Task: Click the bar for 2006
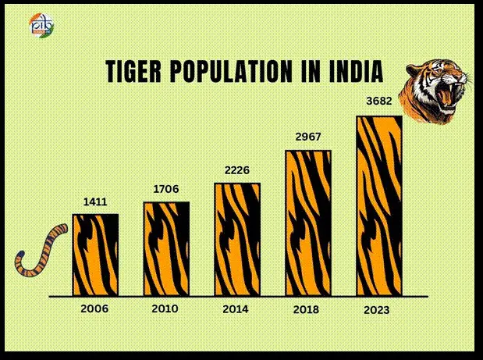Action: (95, 255)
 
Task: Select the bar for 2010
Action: (165, 249)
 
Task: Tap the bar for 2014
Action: (237, 240)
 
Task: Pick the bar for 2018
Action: (307, 223)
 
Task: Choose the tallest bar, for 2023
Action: (379, 206)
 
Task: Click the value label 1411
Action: (95, 202)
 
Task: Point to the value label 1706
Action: (166, 190)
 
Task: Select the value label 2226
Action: (237, 171)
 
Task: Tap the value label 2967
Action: (308, 137)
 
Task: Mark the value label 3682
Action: (378, 102)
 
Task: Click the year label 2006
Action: (94, 309)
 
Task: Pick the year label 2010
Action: (165, 308)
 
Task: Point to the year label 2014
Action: (235, 309)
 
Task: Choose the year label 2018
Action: (306, 310)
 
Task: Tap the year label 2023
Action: (376, 311)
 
